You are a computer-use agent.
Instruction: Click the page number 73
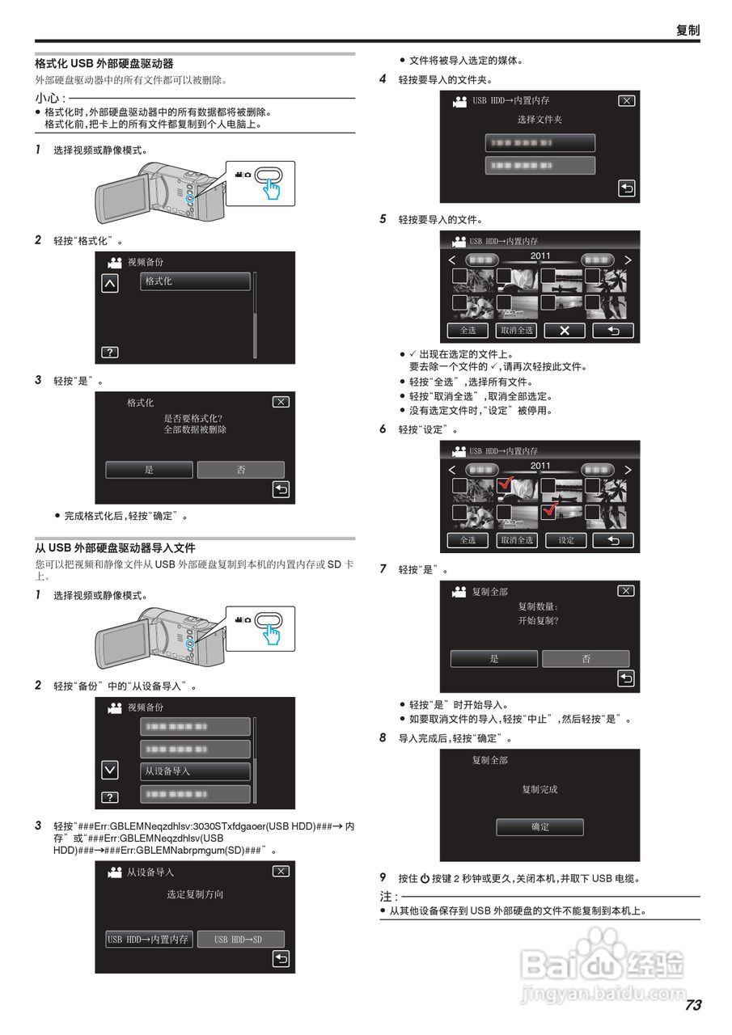pos(692,1005)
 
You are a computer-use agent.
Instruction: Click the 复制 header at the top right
pos(688,30)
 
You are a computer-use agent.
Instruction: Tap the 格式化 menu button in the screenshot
pos(195,281)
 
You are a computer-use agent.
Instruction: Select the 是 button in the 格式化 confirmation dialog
pos(149,470)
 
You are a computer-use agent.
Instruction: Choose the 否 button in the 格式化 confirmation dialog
pos(241,470)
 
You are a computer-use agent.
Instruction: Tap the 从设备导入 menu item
pos(195,771)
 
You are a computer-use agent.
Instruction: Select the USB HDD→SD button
pos(241,940)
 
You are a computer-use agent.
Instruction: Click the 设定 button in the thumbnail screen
pos(566,540)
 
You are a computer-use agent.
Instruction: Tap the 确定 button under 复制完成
pos(539,827)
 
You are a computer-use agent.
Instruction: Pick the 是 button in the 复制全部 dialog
pos(493,659)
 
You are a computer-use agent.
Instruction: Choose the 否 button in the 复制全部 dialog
pos(586,659)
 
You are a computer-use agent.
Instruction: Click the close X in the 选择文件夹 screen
pos(626,101)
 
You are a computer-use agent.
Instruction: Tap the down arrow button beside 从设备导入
pos(110,769)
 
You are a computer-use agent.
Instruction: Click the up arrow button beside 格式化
pos(110,283)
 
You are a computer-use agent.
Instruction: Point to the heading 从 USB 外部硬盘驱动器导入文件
pos(115,547)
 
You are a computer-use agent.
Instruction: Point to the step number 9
pos(383,877)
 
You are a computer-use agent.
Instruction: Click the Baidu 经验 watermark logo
pos(602,962)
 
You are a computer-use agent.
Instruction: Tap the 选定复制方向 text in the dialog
pos(195,894)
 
